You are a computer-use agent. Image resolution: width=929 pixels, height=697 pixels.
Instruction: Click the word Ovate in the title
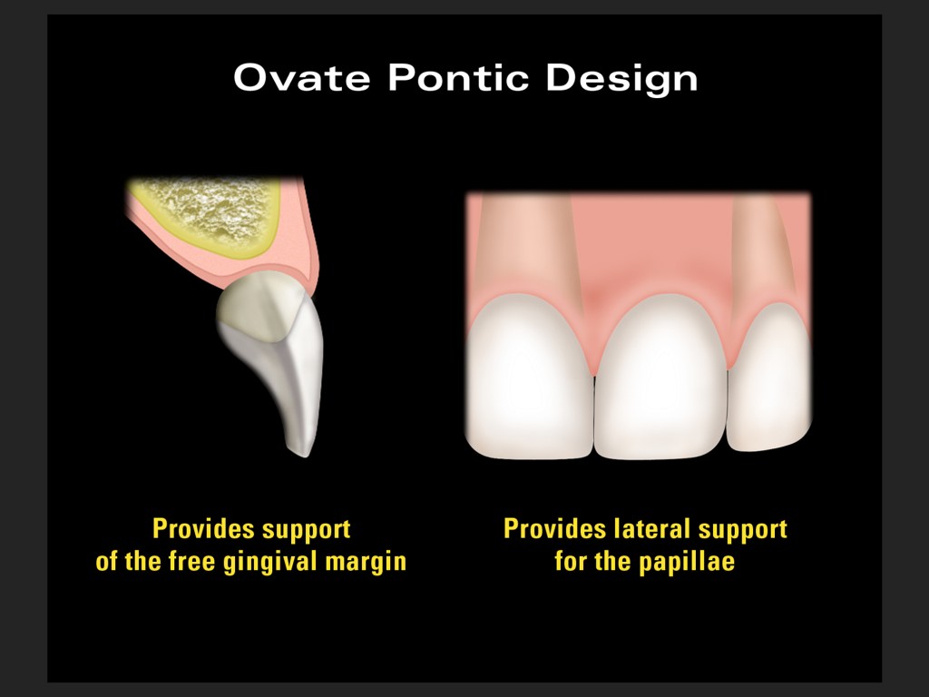point(302,78)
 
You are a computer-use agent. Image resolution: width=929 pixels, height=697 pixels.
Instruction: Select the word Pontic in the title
point(458,78)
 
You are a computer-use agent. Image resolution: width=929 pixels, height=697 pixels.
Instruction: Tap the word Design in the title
point(621,80)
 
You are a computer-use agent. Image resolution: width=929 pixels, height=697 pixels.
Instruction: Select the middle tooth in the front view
point(660,379)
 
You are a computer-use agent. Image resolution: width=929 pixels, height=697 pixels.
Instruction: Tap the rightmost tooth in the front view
point(769,379)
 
